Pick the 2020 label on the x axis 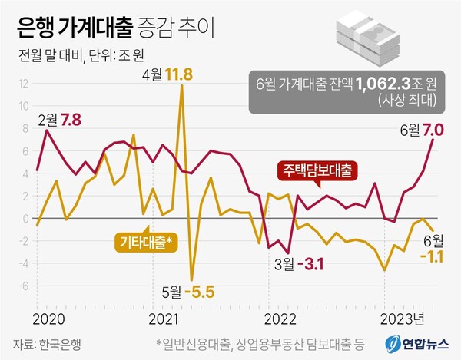48,316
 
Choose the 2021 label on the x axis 162,316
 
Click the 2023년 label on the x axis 401,316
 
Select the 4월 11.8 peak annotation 167,74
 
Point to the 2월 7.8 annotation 59,119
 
